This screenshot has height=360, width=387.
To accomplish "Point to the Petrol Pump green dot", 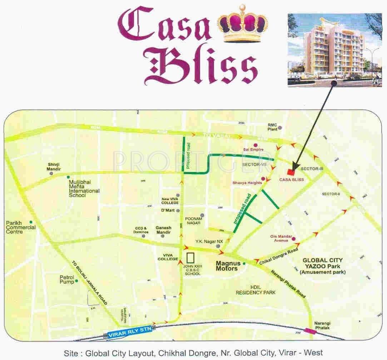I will click(x=76, y=282).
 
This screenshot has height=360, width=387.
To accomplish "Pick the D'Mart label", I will click(x=168, y=210).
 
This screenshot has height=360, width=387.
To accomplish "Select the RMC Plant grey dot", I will click(x=281, y=128).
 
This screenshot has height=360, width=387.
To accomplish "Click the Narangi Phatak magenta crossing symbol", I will click(x=312, y=331).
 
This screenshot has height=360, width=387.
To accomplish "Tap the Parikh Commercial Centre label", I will click(x=21, y=227).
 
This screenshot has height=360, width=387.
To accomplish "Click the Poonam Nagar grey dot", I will click(x=202, y=215).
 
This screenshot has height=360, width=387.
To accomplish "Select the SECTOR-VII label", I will click(x=254, y=164).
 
